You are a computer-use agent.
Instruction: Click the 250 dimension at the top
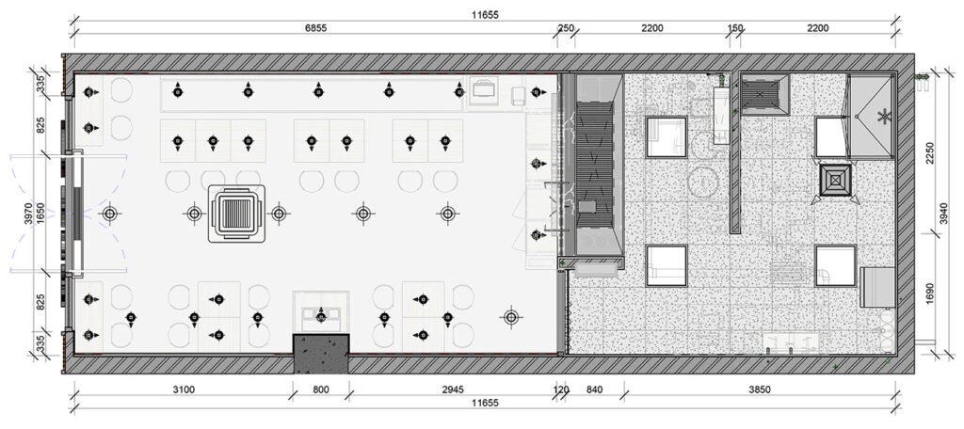(566, 29)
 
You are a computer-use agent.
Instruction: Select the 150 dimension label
(735, 29)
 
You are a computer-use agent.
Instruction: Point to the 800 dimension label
(321, 389)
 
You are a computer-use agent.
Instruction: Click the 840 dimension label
(594, 389)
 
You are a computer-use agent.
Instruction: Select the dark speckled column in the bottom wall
(321, 353)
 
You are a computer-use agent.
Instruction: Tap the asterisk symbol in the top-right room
(883, 117)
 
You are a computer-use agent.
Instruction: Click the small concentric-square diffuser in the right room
(835, 181)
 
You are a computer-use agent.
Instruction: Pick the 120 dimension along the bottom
(561, 389)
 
